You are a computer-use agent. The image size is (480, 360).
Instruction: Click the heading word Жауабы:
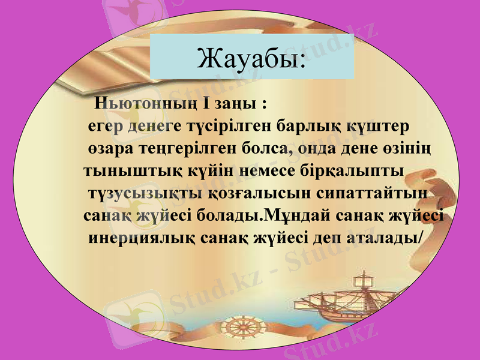tap(251, 58)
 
